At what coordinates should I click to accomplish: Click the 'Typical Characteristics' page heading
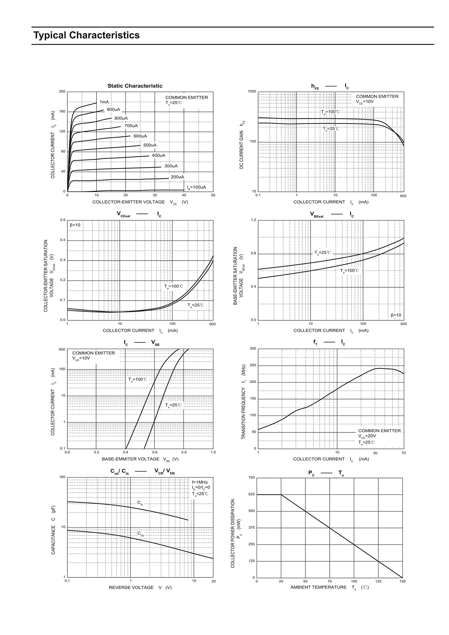[x=87, y=35]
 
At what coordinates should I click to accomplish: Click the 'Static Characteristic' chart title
[x=135, y=86]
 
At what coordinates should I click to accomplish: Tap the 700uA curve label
[x=131, y=126]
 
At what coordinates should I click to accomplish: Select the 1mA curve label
[x=104, y=102]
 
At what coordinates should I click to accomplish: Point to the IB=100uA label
[x=196, y=187]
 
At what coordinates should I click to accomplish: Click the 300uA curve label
[x=171, y=166]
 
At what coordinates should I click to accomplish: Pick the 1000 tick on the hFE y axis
[x=252, y=92]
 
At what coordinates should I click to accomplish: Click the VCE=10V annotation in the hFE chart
[x=365, y=101]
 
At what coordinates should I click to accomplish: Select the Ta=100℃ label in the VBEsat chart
[x=350, y=270]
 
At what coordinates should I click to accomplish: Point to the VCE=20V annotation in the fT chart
[x=367, y=436]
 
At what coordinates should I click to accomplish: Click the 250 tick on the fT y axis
[x=253, y=365]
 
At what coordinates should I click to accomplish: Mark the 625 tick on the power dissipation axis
[x=252, y=494]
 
